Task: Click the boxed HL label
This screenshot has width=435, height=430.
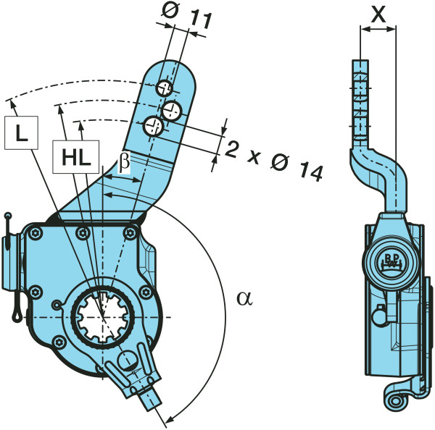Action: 75,157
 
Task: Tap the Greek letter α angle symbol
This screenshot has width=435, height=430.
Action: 245,297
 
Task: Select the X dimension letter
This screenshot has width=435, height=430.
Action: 377,12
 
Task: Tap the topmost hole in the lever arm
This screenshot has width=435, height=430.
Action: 165,88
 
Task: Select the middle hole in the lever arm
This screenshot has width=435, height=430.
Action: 173,110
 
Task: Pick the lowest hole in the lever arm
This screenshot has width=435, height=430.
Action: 153,126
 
